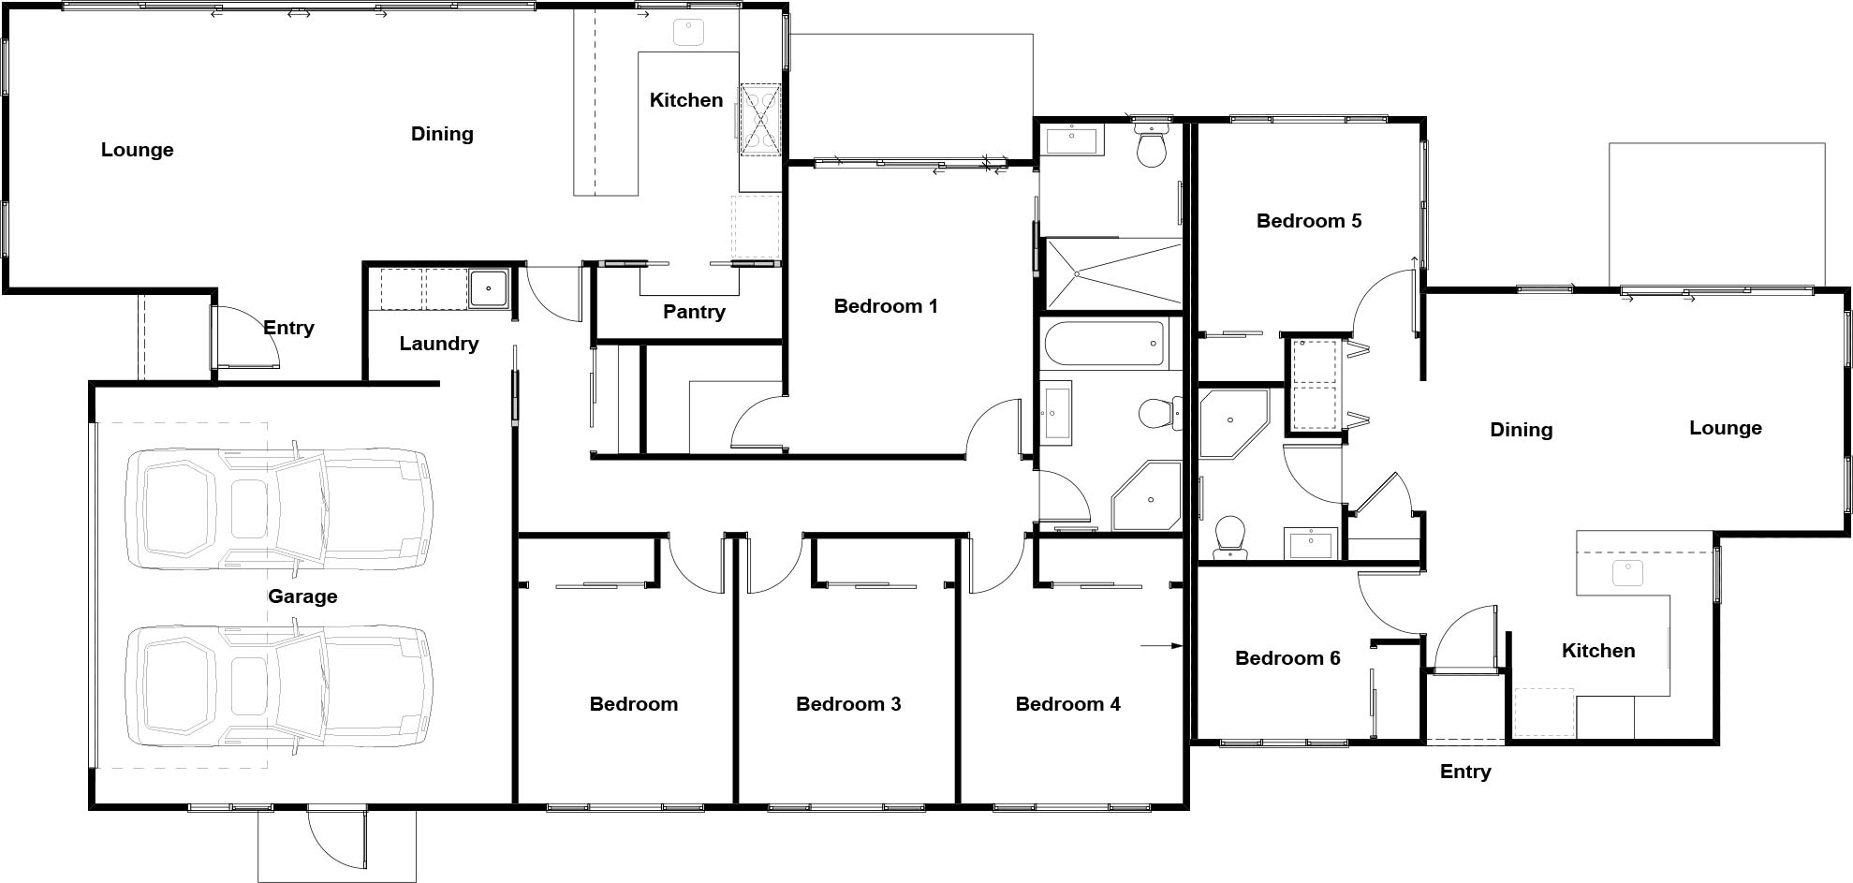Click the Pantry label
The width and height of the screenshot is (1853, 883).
click(694, 312)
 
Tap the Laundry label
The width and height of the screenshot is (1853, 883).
click(438, 344)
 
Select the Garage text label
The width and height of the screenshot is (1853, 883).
click(302, 596)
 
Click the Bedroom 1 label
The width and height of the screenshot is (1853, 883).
click(886, 306)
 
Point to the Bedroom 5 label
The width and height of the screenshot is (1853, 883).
click(1309, 221)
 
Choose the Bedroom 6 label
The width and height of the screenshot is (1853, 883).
click(1287, 658)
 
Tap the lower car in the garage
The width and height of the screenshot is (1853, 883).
click(279, 686)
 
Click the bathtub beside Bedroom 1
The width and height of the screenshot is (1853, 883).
click(1104, 344)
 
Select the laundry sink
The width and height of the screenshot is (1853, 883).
click(488, 288)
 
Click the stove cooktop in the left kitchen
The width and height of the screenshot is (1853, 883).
click(760, 119)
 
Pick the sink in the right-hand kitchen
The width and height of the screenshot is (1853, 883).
click(1628, 573)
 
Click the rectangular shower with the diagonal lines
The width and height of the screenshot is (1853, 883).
click(1112, 272)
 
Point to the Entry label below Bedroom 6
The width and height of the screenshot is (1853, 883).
click(1465, 772)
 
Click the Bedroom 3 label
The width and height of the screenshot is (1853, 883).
click(848, 704)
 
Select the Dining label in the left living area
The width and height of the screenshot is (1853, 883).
click(442, 134)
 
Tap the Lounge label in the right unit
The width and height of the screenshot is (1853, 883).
click(1726, 428)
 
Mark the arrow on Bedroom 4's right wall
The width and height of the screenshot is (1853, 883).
click(1162, 645)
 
